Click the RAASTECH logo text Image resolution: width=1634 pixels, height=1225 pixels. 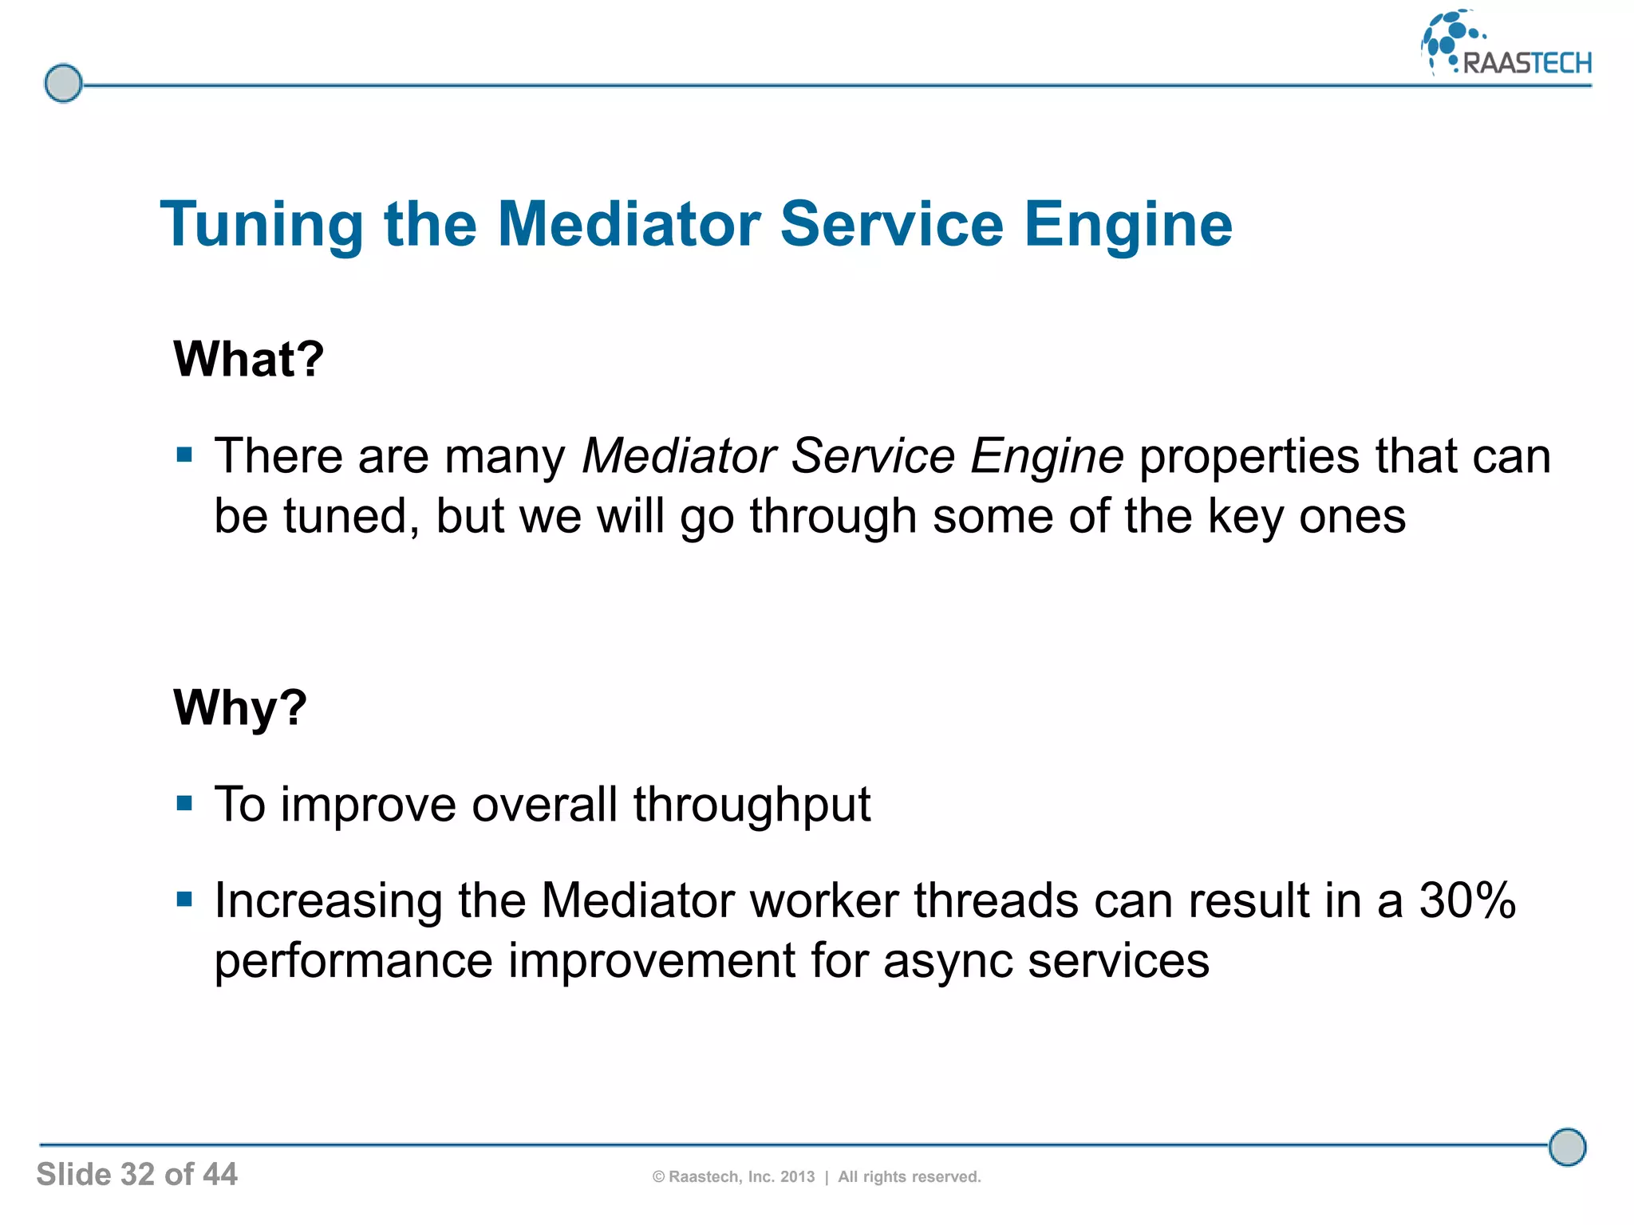click(1526, 62)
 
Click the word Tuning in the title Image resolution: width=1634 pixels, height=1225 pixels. click(262, 225)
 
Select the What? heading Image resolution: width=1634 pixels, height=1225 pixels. click(248, 359)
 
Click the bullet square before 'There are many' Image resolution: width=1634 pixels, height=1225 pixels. click(185, 455)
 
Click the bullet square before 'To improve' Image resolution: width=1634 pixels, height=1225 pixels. click(185, 802)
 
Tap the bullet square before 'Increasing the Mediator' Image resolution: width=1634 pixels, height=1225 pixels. click(185, 900)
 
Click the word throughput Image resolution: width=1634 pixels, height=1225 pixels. click(751, 804)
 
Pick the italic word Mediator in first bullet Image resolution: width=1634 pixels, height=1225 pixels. click(678, 455)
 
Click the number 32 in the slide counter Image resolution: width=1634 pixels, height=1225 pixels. click(137, 1174)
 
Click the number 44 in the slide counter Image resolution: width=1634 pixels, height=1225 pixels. click(219, 1174)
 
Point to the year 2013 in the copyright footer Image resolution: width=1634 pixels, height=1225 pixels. click(797, 1177)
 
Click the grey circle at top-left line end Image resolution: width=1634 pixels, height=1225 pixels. click(63, 83)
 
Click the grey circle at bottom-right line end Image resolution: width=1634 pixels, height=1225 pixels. click(1567, 1147)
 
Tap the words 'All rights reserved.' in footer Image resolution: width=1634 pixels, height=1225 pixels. click(909, 1177)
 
